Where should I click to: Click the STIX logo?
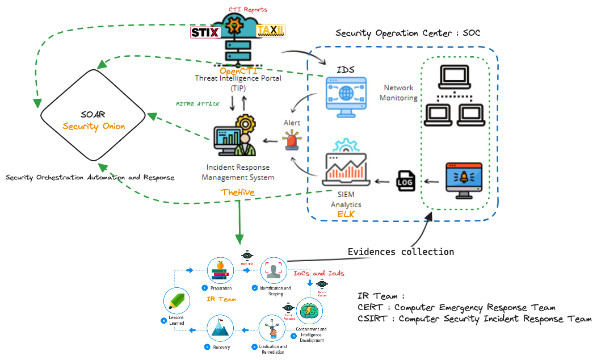(205, 32)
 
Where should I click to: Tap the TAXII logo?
(271, 31)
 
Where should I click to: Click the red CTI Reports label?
(247, 10)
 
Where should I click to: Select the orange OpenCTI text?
(238, 72)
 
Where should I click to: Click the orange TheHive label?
(238, 192)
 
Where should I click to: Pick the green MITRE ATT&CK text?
(197, 104)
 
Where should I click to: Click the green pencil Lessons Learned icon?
(176, 301)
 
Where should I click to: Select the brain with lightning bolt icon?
(309, 312)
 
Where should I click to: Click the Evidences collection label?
(401, 252)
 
